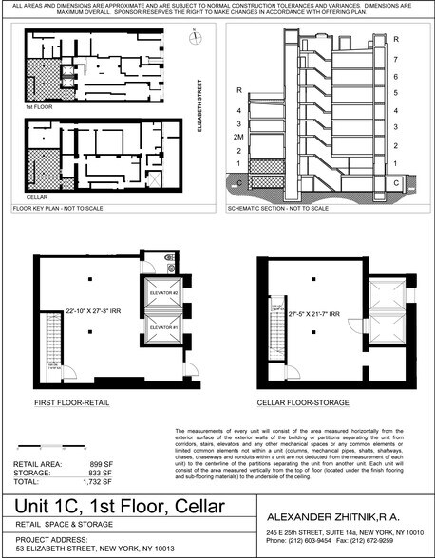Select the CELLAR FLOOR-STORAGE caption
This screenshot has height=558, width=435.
(x=299, y=401)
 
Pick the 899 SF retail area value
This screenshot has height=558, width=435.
(x=90, y=464)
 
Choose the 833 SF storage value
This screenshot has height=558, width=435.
(x=90, y=473)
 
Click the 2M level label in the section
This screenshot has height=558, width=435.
(x=237, y=136)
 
